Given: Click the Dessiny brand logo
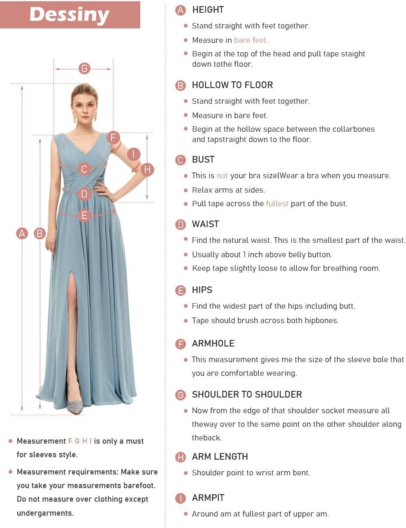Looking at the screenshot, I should [70, 14].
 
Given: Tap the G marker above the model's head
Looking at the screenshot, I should [84, 68].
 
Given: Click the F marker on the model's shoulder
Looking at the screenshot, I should [113, 137].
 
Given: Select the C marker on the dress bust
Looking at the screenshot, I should [84, 169].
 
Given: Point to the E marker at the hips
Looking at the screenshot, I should [84, 215].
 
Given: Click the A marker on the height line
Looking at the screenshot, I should [22, 233].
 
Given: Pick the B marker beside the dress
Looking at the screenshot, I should [39, 233].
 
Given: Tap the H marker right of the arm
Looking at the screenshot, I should [147, 169].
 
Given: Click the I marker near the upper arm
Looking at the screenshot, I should [133, 154].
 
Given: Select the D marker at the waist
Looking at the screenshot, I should [84, 193].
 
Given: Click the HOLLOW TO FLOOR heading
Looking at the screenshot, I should [232, 85].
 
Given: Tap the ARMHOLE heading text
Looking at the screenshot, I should [213, 344].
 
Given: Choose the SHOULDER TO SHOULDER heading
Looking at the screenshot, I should [246, 395].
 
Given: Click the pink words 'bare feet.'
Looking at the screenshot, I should [251, 40].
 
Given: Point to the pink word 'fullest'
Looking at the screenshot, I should [277, 203].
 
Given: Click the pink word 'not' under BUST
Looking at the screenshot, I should [222, 176].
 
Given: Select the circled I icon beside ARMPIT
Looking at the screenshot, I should [181, 498].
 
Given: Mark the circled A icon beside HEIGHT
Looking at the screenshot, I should [181, 10].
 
